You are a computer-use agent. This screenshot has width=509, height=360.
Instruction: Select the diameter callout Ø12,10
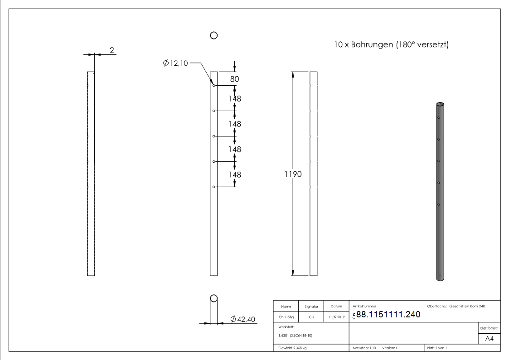(x=175, y=63)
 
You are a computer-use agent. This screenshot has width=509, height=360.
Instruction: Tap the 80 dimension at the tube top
(x=234, y=79)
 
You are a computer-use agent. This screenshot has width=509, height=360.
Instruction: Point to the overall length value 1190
(x=293, y=174)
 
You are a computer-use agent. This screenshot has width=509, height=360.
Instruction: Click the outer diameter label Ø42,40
(x=243, y=320)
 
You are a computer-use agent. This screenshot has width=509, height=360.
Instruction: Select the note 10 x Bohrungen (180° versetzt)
(x=391, y=45)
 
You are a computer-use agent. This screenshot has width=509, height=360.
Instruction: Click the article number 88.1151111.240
(x=388, y=315)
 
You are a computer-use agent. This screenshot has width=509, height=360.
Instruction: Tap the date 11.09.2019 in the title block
(x=336, y=317)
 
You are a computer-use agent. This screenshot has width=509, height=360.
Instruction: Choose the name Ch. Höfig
(x=286, y=317)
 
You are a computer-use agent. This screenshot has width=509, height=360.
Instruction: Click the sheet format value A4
(x=489, y=339)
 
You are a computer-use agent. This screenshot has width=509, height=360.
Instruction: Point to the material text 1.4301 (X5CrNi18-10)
(x=295, y=336)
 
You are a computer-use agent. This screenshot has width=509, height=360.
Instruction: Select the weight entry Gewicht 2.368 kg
(x=293, y=348)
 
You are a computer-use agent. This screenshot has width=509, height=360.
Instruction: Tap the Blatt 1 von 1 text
(x=437, y=348)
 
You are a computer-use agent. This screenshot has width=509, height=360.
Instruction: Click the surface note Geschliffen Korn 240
(x=467, y=306)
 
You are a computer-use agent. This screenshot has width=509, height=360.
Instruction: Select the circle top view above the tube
(x=214, y=35)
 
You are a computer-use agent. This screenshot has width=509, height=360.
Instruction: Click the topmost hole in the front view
(x=213, y=86)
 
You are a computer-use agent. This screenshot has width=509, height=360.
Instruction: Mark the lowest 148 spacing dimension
(x=234, y=175)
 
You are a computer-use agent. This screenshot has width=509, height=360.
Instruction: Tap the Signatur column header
(x=311, y=306)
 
